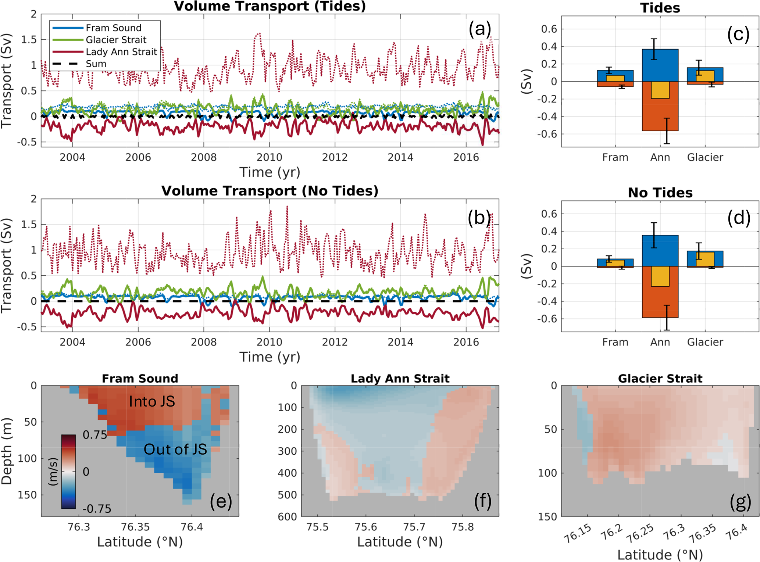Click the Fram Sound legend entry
(113, 28)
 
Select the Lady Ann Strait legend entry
(121, 52)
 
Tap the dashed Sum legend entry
(96, 64)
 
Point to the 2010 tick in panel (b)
(269, 342)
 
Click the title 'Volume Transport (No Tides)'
(270, 191)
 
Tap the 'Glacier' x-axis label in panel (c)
(705, 158)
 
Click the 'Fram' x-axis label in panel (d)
(615, 343)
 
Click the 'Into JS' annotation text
(152, 402)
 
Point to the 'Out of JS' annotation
(175, 450)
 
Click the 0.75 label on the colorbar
(95, 435)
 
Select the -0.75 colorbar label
(97, 509)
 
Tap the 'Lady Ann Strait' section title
(400, 379)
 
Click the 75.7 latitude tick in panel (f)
(414, 527)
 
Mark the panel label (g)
(740, 502)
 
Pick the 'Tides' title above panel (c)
(660, 8)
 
